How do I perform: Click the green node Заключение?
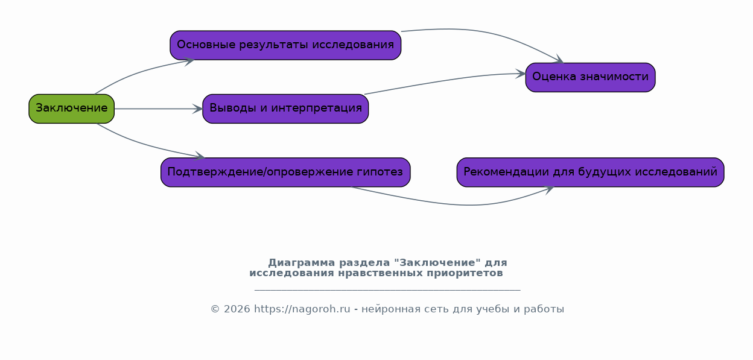tap(72, 109)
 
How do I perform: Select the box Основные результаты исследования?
tap(285, 45)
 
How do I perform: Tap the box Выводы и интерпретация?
tap(285, 109)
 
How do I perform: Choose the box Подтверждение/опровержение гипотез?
tap(285, 172)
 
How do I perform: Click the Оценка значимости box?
tap(590, 77)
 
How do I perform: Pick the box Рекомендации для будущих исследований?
tap(590, 172)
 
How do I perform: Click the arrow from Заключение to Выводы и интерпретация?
tap(158, 109)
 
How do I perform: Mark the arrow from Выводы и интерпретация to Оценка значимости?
tap(443, 80)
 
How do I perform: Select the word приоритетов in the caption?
tap(465, 273)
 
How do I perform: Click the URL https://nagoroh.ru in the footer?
tap(302, 309)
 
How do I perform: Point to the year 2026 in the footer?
tap(237, 309)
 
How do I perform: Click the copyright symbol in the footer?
tap(215, 309)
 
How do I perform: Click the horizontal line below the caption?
tap(387, 289)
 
